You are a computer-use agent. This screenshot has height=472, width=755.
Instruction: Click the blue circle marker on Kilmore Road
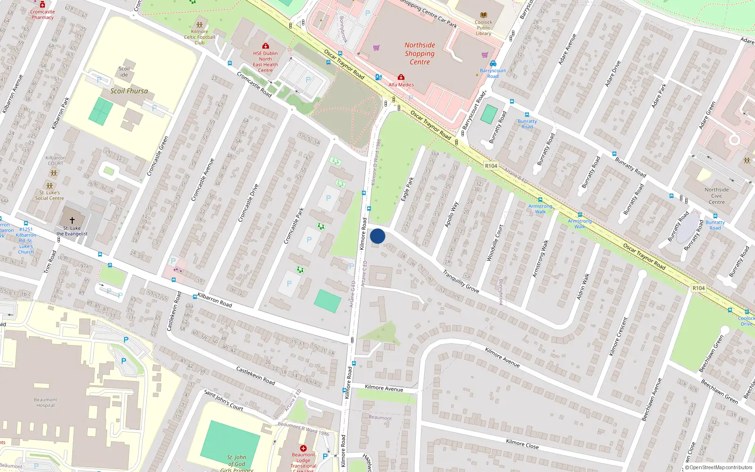(377, 236)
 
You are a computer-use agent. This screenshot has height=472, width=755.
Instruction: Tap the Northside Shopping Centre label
(419, 53)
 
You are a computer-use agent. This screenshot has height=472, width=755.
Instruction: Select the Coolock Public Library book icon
(483, 15)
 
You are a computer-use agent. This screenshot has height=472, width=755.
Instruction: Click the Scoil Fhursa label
(129, 91)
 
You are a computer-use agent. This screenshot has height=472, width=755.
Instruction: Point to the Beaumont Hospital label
(45, 402)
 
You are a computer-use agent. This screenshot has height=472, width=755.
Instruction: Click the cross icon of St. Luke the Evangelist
(72, 220)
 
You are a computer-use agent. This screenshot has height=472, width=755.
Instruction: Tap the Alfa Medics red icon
(401, 77)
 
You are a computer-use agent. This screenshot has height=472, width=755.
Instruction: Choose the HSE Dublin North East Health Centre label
(265, 62)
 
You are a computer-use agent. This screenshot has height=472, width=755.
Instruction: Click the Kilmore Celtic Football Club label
(200, 37)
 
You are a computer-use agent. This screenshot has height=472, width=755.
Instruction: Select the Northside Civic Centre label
(716, 196)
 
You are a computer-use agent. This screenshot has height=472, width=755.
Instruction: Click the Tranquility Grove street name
(461, 281)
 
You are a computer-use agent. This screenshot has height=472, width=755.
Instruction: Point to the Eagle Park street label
(407, 189)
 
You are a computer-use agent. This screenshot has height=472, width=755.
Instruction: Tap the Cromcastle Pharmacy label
(42, 15)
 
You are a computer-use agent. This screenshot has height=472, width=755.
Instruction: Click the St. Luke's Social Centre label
(50, 195)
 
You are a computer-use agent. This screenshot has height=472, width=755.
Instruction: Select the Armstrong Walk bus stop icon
(540, 200)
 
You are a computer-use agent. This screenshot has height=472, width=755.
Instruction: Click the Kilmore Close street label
(522, 443)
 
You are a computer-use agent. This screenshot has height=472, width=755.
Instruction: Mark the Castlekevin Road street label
(255, 376)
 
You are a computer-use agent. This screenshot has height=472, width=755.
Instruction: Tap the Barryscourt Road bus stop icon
(493, 64)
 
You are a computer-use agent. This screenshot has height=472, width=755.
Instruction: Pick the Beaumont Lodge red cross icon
(303, 448)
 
